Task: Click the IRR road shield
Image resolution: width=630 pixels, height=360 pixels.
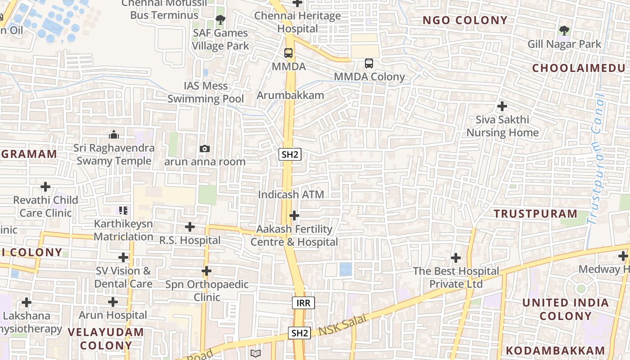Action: pos(303,303)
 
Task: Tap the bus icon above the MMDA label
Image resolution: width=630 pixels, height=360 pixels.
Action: pos(288,53)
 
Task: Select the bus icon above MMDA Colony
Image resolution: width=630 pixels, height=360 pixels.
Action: pos(369,63)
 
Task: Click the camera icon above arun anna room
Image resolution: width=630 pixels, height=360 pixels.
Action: pos(205,148)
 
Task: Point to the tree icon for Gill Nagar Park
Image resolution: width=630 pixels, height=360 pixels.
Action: pos(564,31)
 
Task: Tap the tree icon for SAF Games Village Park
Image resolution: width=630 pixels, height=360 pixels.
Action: pos(220,19)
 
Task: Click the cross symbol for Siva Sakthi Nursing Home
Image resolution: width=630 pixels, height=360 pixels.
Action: pos(502,107)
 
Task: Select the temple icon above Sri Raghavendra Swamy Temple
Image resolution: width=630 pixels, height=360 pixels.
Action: pos(114,135)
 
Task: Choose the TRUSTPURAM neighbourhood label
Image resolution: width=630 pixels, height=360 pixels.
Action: pos(535,214)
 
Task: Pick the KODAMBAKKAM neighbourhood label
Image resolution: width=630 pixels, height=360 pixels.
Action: pos(555,351)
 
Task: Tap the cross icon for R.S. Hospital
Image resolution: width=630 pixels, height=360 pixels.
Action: pos(190,227)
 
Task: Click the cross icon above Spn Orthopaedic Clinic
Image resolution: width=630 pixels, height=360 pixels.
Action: pos(207,271)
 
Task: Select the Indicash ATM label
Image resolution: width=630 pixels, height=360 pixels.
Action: pos(291,195)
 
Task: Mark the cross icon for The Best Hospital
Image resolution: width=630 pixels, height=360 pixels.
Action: pos(456,258)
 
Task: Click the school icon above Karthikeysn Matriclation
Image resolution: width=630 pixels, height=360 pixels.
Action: pos(123,210)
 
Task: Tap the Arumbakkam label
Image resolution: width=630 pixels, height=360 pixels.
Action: pos(290,95)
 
